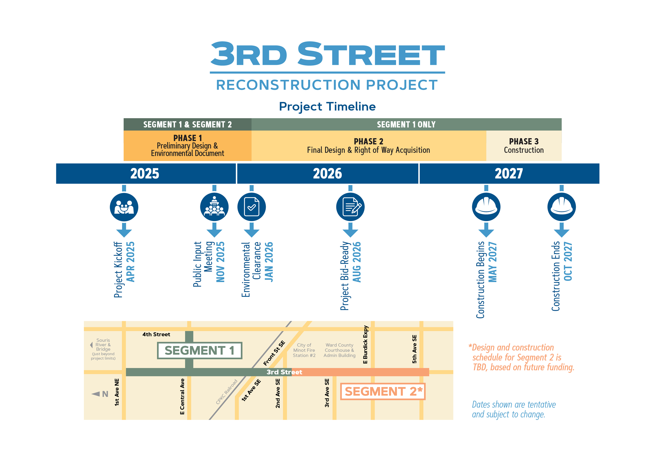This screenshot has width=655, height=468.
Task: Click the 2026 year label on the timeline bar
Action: (x=327, y=173)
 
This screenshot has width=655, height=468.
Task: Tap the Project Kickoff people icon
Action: (x=124, y=207)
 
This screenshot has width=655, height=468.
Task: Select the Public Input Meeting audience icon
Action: (x=214, y=207)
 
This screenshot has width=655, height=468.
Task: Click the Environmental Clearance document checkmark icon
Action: (x=251, y=207)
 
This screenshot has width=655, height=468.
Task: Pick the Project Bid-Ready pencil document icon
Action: (x=350, y=207)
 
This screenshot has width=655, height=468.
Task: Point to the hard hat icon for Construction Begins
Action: (x=486, y=207)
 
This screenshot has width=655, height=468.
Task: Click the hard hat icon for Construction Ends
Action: (x=561, y=207)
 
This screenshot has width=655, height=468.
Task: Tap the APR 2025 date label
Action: (x=130, y=262)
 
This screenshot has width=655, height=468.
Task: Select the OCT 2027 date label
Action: (x=568, y=261)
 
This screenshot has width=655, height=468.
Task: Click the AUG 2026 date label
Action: (x=357, y=262)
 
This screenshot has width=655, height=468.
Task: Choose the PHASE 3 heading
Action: (x=524, y=141)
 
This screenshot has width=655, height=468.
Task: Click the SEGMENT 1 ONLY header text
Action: (x=406, y=125)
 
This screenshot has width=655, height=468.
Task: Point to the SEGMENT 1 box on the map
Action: (x=200, y=350)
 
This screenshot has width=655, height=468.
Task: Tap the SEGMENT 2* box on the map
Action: (x=383, y=391)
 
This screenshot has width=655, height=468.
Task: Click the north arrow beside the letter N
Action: (x=96, y=394)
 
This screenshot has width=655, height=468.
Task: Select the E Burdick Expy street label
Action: (x=365, y=344)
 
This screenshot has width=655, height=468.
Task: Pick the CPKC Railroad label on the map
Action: (x=227, y=392)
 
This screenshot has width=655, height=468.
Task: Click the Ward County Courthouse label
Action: (x=339, y=350)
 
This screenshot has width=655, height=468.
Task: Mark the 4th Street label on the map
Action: (x=156, y=334)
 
